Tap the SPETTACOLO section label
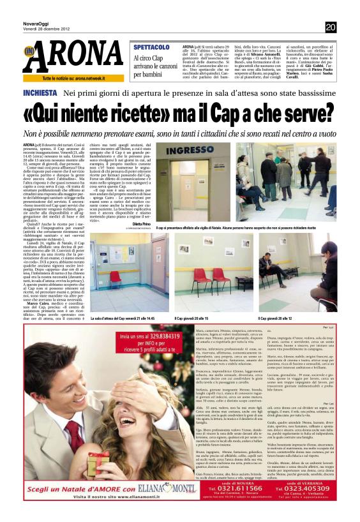[x=151, y=47]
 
